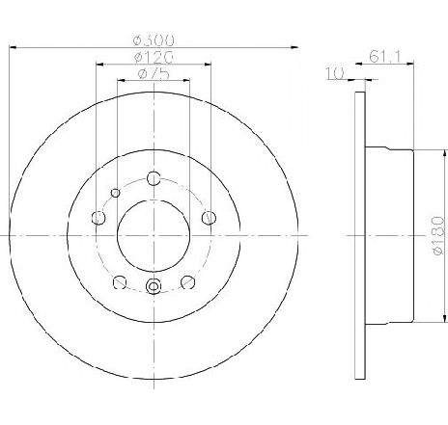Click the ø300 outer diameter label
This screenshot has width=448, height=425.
[x=154, y=40]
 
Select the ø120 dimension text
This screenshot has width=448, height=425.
[x=154, y=57]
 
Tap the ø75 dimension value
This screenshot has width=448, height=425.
[x=154, y=74]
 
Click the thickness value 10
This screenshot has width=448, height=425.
[x=335, y=73]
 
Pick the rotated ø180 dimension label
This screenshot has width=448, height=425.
[x=438, y=235]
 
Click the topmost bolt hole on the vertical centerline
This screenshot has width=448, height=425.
[x=154, y=178]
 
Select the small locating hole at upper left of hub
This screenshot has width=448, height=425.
[x=116, y=193]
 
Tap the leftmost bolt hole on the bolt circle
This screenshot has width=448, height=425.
[x=98, y=218]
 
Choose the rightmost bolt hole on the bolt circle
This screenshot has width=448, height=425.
[x=209, y=218]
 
